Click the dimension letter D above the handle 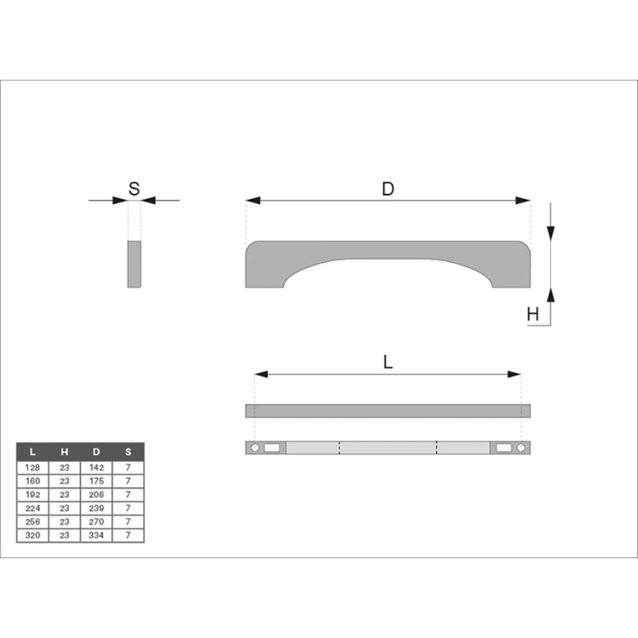[x=388, y=189]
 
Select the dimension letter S [x=134, y=189]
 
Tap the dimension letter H [x=533, y=314]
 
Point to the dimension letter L [x=388, y=362]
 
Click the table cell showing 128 [x=32, y=468]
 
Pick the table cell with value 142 [x=96, y=468]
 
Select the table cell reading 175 [x=96, y=481]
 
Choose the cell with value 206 [x=96, y=495]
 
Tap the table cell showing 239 [x=96, y=508]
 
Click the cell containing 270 [x=96, y=521]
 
